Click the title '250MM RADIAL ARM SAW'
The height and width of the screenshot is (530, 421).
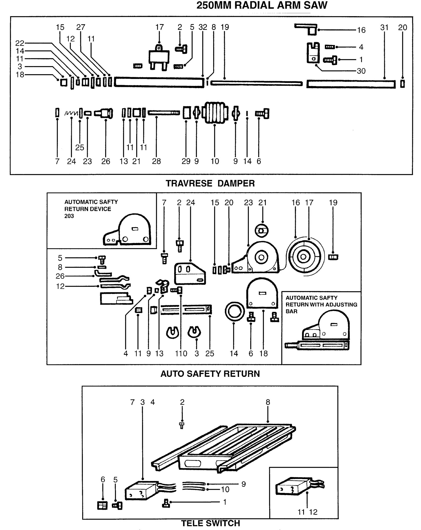(262, 5)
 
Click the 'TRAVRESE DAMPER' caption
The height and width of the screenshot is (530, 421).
(210, 183)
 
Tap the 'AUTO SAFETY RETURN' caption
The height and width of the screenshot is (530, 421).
(210, 374)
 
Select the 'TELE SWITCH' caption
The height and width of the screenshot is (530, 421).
(210, 523)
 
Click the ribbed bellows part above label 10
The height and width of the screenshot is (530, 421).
(215, 113)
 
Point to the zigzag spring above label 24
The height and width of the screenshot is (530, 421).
(71, 113)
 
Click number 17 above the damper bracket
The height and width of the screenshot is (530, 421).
(159, 27)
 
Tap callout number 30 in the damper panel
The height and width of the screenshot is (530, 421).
(361, 71)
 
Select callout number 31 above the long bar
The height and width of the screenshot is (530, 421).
(384, 28)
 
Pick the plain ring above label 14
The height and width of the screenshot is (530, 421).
(234, 312)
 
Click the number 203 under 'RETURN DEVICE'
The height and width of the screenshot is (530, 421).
(69, 216)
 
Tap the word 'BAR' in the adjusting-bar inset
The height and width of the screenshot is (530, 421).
(292, 311)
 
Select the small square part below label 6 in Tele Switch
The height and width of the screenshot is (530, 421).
(102, 506)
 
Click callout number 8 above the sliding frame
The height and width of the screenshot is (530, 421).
(268, 402)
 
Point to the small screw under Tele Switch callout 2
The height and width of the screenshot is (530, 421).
(182, 426)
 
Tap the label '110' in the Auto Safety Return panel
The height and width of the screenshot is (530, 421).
(181, 354)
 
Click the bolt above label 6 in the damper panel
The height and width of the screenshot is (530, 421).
(262, 113)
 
